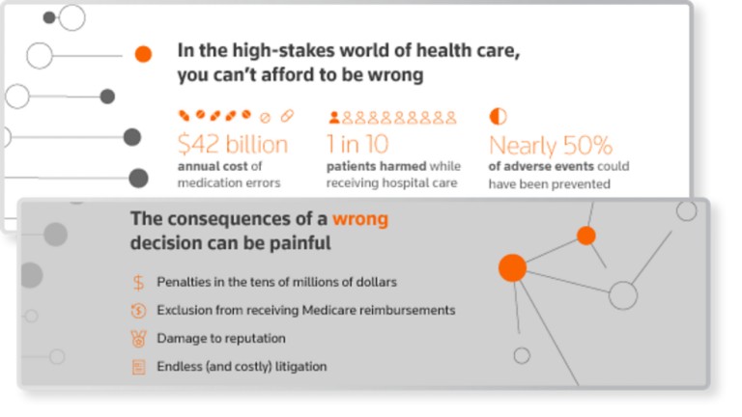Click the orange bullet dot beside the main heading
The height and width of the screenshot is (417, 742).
pos(143,54)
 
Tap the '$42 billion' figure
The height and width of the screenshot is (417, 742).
pos(233,144)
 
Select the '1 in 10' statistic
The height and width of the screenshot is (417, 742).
pos(357,144)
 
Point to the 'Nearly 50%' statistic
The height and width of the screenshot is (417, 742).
pos(551,145)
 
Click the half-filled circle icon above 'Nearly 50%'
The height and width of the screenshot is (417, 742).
pos(498,116)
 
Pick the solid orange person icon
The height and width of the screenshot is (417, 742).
pos(334,117)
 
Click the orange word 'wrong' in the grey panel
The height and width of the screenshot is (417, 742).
pos(360,219)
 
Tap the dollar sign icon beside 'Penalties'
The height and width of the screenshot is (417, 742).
pos(138,282)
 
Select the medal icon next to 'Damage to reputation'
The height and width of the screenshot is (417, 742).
pos(139,339)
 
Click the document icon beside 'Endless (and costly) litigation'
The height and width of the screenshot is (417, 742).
pos(139,367)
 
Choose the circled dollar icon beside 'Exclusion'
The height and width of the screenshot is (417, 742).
pos(139,311)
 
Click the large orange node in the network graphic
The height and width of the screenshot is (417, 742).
pos(512,267)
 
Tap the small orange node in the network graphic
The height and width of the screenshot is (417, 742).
pos(586,236)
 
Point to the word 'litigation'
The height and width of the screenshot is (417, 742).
pos(301,367)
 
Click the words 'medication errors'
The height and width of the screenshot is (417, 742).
pos(229,182)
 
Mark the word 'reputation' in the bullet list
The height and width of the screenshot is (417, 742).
pos(258,339)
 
